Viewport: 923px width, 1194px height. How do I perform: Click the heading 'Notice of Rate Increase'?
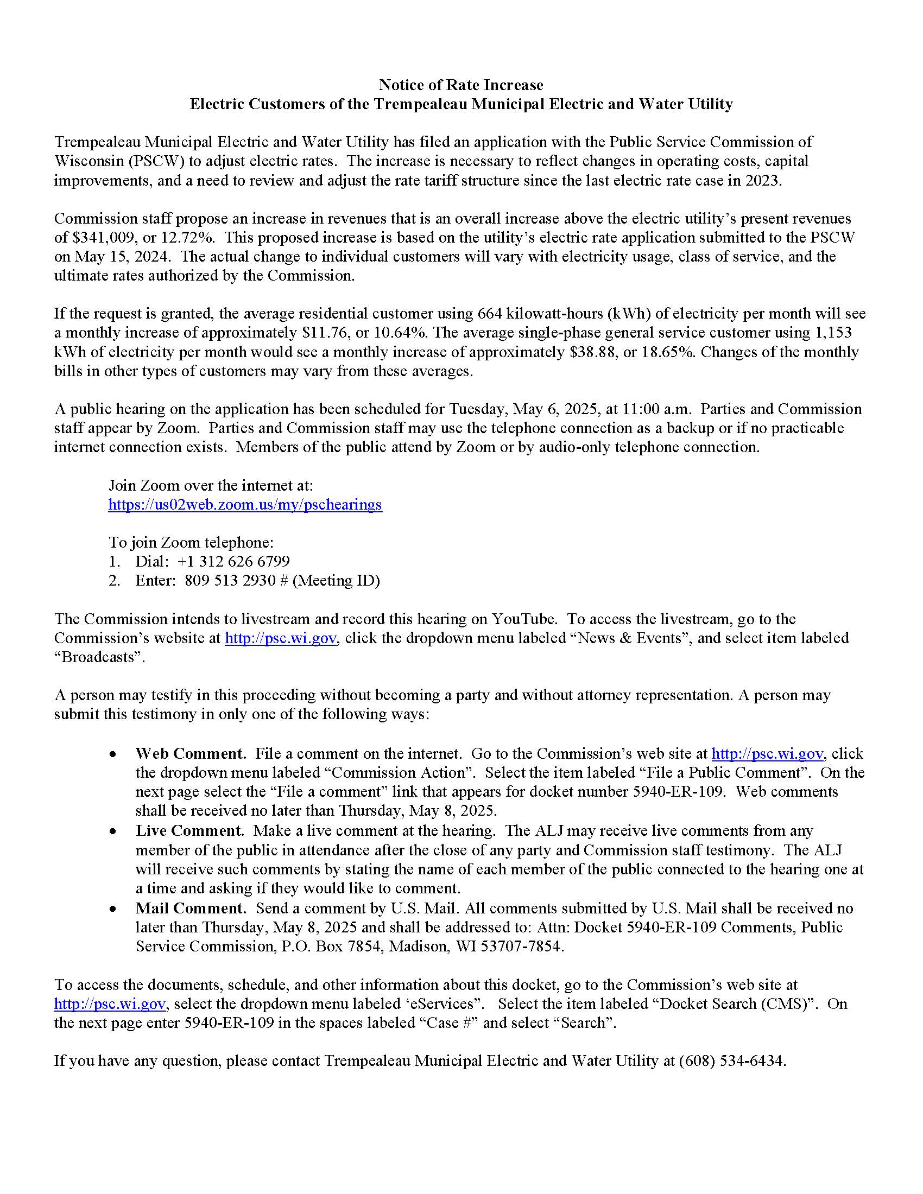[x=461, y=85]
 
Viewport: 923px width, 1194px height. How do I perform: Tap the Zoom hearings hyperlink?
[x=245, y=504]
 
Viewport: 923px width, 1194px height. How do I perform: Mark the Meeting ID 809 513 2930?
[x=230, y=581]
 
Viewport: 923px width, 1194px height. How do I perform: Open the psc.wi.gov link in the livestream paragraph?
[x=281, y=638]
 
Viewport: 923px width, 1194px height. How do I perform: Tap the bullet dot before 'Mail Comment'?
[x=112, y=909]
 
